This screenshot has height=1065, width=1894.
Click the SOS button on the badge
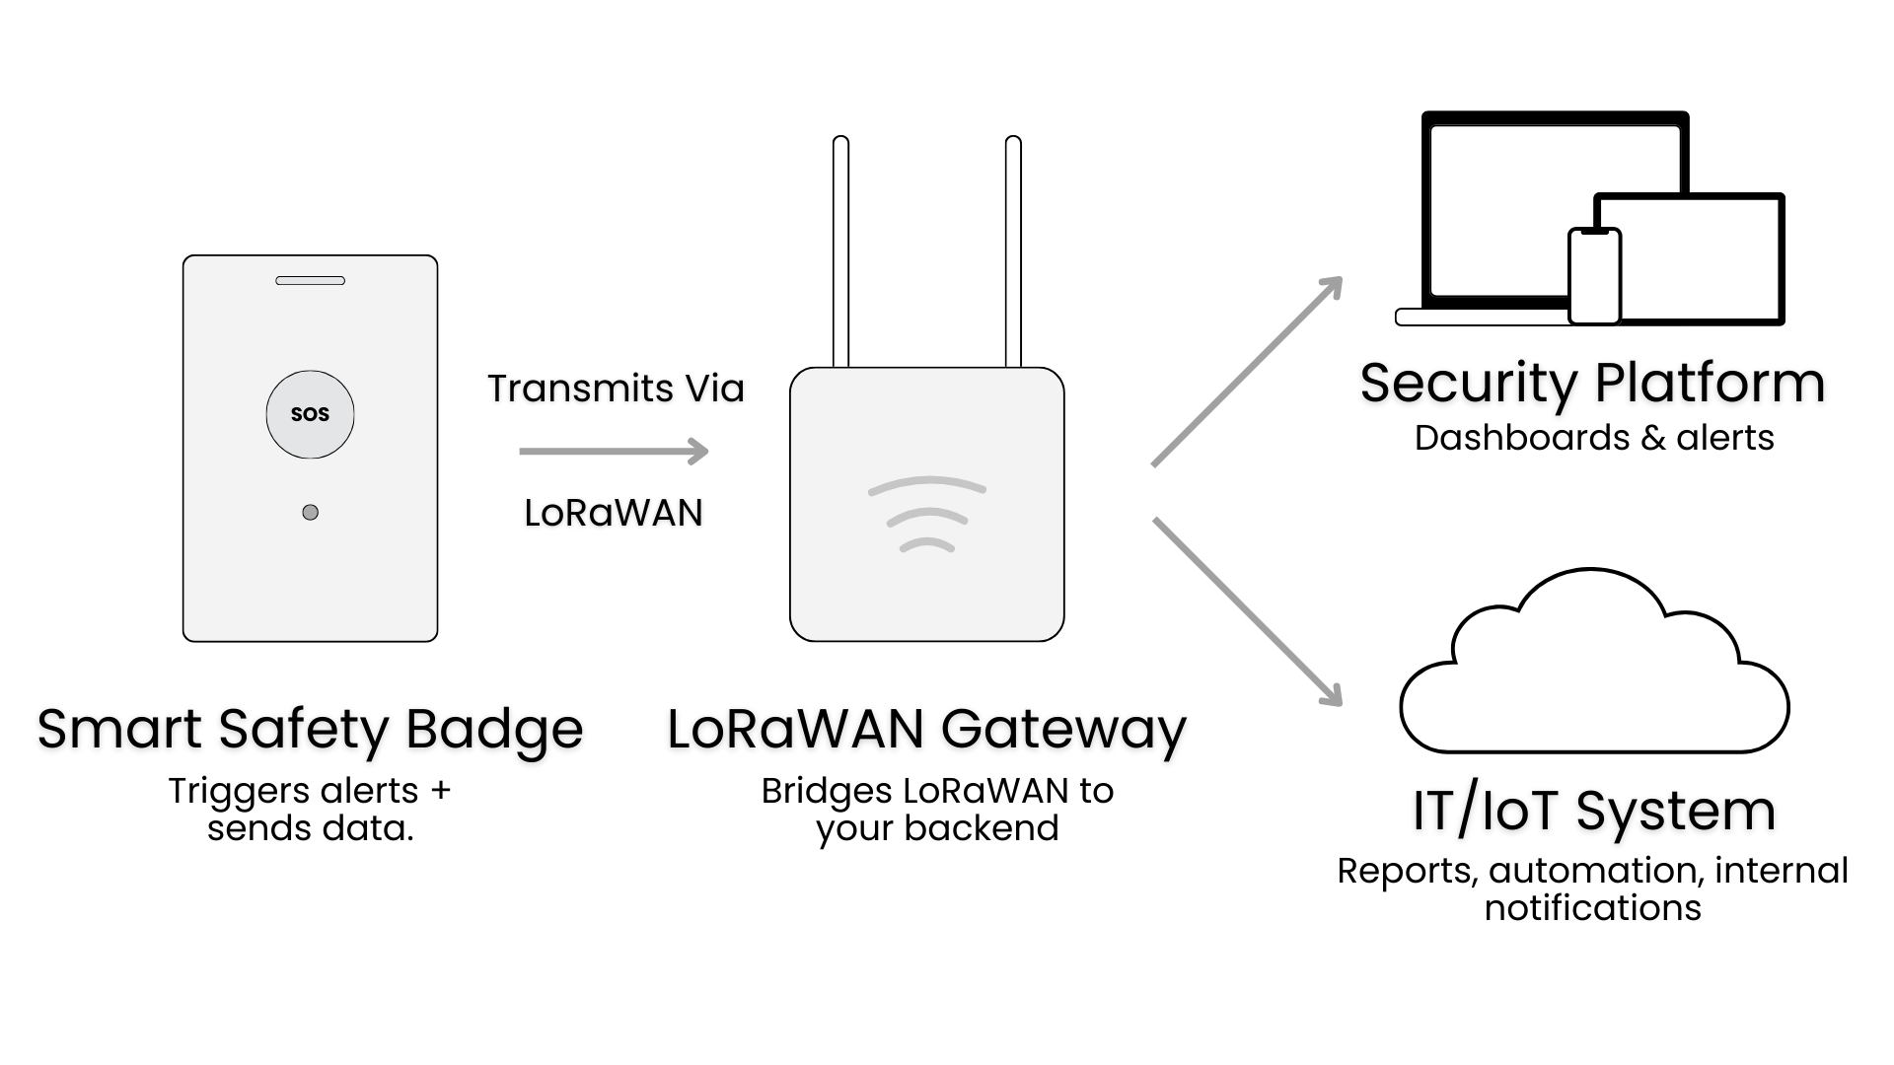pyautogui.click(x=310, y=414)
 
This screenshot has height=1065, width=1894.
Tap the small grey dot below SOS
pyautogui.click(x=310, y=512)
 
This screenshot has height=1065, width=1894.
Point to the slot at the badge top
pyautogui.click(x=310, y=281)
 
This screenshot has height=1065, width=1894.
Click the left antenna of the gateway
pyautogui.click(x=840, y=251)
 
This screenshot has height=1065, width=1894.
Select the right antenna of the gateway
pyautogui.click(x=1013, y=251)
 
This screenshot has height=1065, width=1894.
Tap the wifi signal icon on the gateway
pyautogui.click(x=926, y=514)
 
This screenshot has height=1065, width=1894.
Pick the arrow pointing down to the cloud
pyautogui.click(x=1248, y=611)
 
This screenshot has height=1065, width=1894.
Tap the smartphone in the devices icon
pyautogui.click(x=1594, y=277)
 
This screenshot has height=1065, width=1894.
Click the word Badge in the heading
pyautogui.click(x=493, y=730)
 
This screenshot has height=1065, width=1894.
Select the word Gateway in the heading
pyautogui.click(x=1063, y=731)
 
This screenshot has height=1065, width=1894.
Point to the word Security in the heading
pyautogui.click(x=1469, y=384)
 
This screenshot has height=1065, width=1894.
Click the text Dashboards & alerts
pyautogui.click(x=1593, y=438)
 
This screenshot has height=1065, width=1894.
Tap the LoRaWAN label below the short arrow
pyautogui.click(x=613, y=513)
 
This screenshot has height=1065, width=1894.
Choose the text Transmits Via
pyautogui.click(x=616, y=389)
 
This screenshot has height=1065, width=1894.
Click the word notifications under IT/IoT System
pyautogui.click(x=1592, y=908)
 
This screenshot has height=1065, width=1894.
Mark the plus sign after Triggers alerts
pyautogui.click(x=440, y=791)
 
